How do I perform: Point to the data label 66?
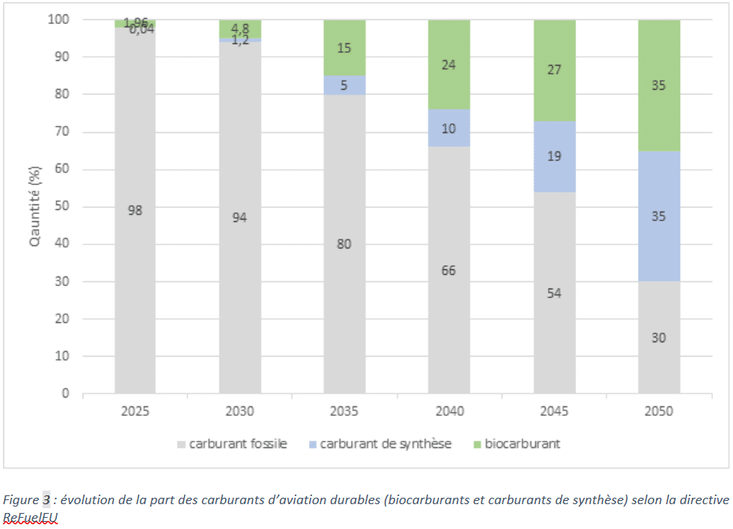pyautogui.click(x=449, y=271)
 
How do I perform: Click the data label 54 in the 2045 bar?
pyautogui.click(x=554, y=293)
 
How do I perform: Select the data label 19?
pyautogui.click(x=554, y=156)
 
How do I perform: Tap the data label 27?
pyautogui.click(x=554, y=70)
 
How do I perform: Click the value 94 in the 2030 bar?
pyautogui.click(x=240, y=217)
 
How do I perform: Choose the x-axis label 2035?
pyautogui.click(x=344, y=412)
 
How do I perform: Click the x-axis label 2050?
pyautogui.click(x=658, y=412)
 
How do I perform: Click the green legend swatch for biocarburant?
pyautogui.click(x=475, y=444)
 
